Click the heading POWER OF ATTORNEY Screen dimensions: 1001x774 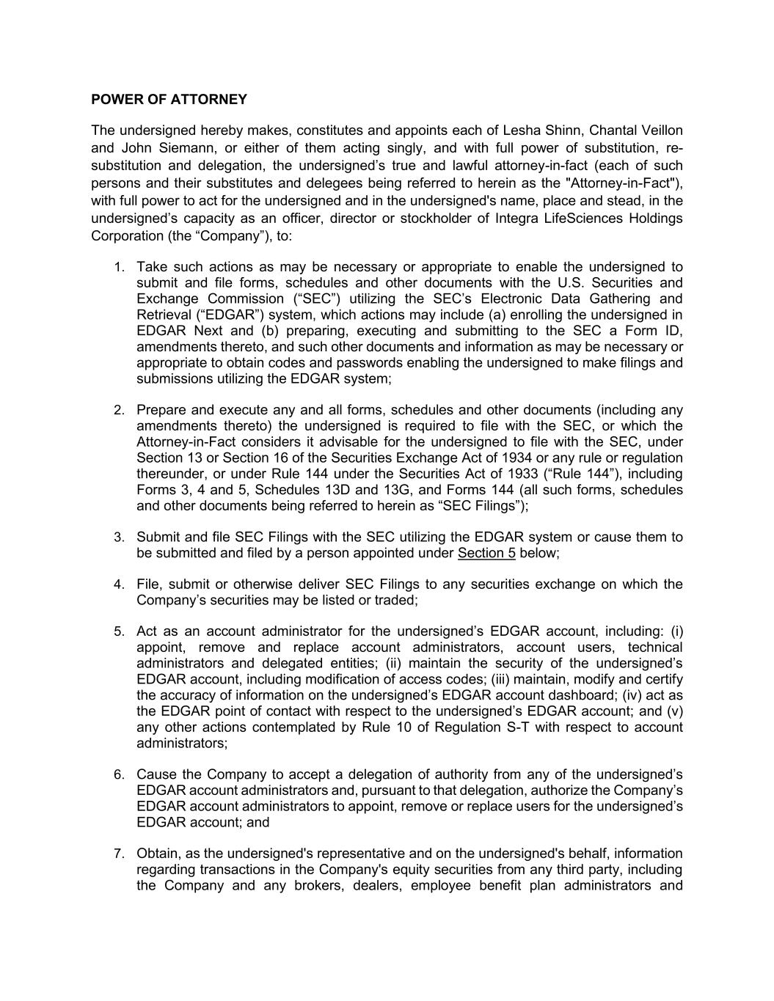[169, 99]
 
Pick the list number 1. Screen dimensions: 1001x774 [119, 267]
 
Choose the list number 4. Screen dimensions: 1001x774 [119, 584]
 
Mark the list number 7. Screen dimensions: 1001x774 [119, 854]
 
